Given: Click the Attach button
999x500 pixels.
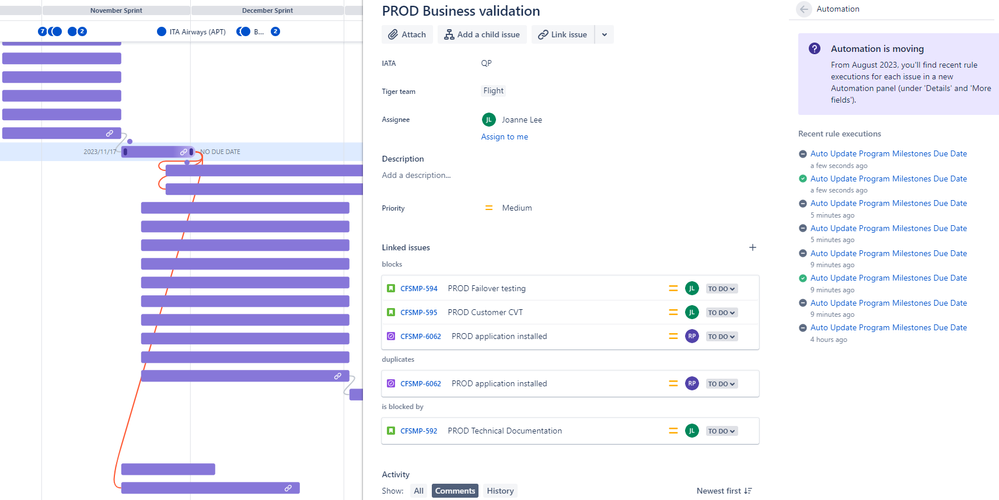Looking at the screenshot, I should pyautogui.click(x=407, y=35).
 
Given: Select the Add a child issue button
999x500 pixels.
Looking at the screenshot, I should pyautogui.click(x=482, y=35).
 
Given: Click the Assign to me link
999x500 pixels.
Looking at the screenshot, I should pyautogui.click(x=504, y=137).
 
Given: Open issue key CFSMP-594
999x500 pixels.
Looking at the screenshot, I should pyautogui.click(x=418, y=289).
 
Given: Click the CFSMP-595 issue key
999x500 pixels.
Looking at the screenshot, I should pyautogui.click(x=418, y=313).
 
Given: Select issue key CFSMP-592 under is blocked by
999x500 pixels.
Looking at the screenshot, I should pyautogui.click(x=418, y=432).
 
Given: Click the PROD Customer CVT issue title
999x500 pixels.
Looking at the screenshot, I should pyautogui.click(x=485, y=313).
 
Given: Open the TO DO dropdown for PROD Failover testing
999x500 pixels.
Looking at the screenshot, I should pyautogui.click(x=721, y=289).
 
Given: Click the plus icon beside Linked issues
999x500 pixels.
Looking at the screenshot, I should pyautogui.click(x=752, y=248).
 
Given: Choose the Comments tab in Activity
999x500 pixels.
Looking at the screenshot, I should pyautogui.click(x=455, y=491).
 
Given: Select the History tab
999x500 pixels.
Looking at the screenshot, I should pyautogui.click(x=500, y=491).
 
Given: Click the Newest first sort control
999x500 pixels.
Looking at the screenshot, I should pyautogui.click(x=724, y=491).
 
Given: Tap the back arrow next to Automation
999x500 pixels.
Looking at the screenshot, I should pyautogui.click(x=804, y=9).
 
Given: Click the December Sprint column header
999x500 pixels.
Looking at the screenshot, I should pyautogui.click(x=267, y=10).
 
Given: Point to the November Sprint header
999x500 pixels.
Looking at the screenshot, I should pyautogui.click(x=116, y=10).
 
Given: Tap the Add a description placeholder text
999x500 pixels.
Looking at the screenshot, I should pyautogui.click(x=416, y=175).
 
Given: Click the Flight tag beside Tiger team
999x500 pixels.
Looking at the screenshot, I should pyautogui.click(x=494, y=91).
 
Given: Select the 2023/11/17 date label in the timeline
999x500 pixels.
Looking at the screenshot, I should pyautogui.click(x=100, y=152).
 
